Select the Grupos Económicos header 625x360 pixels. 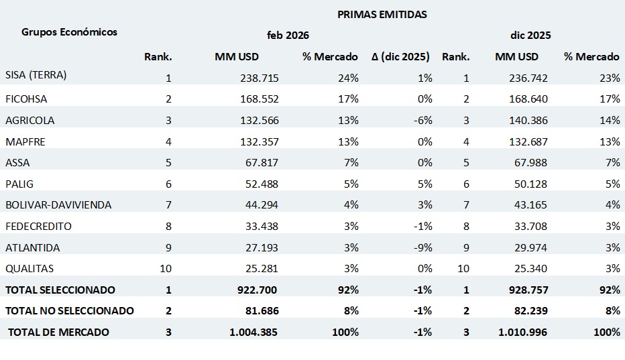pyautogui.click(x=69, y=32)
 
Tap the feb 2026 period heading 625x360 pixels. pyautogui.click(x=288, y=35)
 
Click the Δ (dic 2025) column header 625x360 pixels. pyautogui.click(x=400, y=56)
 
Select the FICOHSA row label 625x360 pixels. pyautogui.click(x=26, y=99)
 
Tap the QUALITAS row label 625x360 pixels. pyautogui.click(x=30, y=269)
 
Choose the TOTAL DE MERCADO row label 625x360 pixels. pyautogui.click(x=58, y=332)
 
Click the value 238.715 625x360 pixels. pyautogui.click(x=259, y=78)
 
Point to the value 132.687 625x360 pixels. pyautogui.click(x=529, y=141)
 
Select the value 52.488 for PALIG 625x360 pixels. pyautogui.click(x=259, y=184)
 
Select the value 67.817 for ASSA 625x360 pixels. pyautogui.click(x=259, y=163)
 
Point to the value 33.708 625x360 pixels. pyautogui.click(x=529, y=227)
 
